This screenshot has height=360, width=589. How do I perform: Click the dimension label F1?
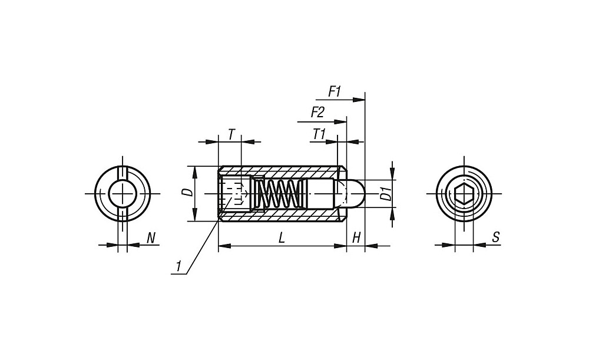[334, 91]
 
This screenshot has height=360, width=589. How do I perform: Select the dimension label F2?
[317, 113]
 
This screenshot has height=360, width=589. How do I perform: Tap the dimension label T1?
[319, 134]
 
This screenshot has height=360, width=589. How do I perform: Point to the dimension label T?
[231, 134]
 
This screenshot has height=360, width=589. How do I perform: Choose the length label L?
[282, 237]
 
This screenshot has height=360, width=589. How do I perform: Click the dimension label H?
[356, 237]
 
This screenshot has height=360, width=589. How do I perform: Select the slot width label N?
[151, 237]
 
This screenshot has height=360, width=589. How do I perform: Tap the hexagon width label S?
[495, 237]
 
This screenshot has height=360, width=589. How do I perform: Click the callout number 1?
[179, 266]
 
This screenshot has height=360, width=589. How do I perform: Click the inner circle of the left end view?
[122, 193]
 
